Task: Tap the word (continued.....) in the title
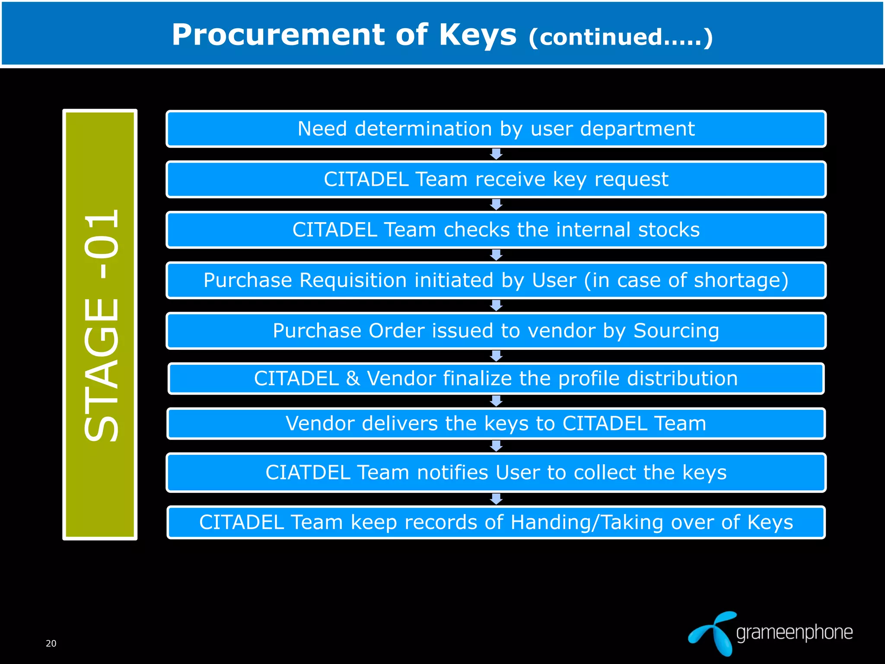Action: click(620, 37)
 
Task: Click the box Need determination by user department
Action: click(496, 129)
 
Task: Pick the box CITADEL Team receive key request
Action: click(496, 179)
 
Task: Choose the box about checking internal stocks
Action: click(496, 230)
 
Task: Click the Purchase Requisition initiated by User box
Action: click(496, 280)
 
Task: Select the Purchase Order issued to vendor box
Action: click(496, 331)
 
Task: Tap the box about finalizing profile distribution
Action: click(496, 378)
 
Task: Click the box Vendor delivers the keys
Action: click(496, 423)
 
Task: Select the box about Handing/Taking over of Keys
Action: click(496, 522)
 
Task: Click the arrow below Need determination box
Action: click(496, 154)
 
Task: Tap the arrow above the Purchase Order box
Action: click(496, 306)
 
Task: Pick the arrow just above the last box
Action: click(496, 499)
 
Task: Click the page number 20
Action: click(51, 643)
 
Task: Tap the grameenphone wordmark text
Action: click(794, 633)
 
